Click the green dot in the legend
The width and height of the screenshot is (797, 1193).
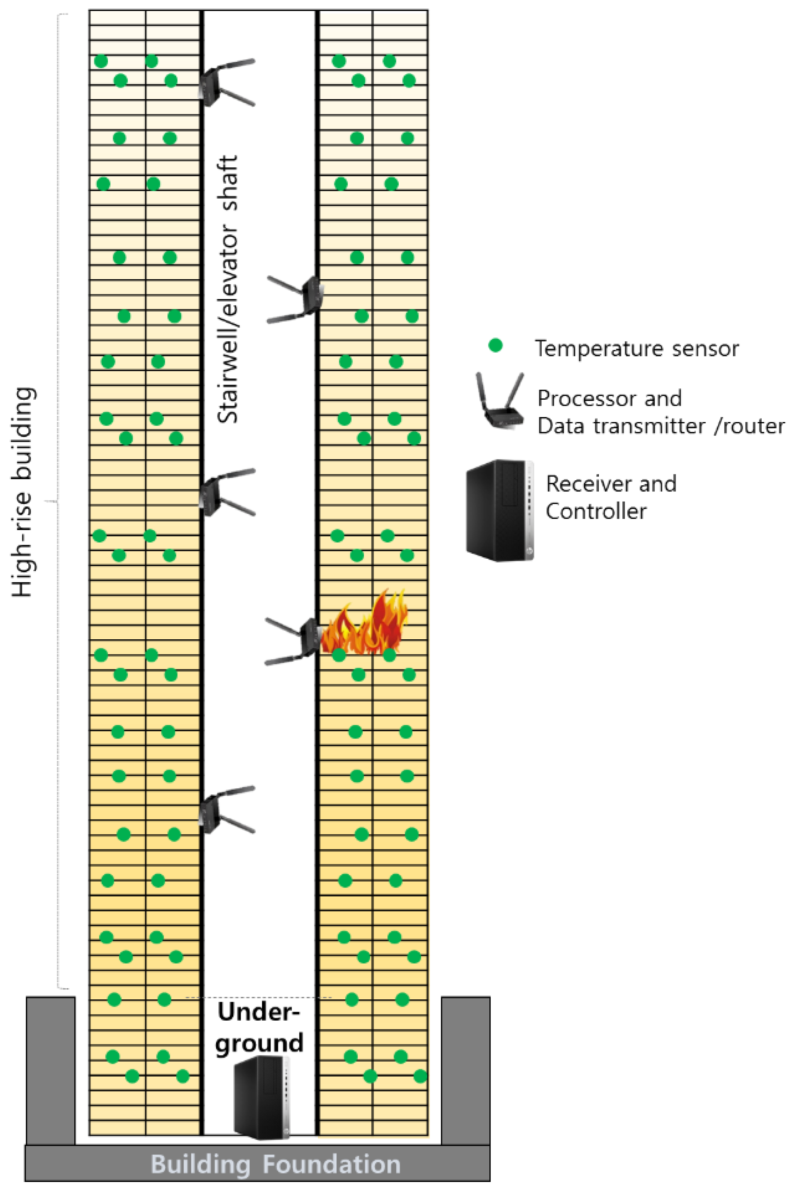495,346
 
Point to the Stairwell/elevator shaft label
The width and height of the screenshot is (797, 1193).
227,290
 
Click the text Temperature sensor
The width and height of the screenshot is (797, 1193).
636,349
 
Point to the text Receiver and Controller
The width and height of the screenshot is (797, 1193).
610,497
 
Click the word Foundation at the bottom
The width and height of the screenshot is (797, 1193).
331,1164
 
